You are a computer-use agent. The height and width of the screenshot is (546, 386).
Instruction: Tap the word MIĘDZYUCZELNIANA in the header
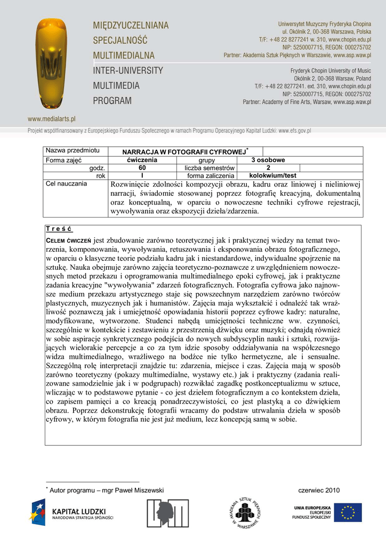(x=131, y=26)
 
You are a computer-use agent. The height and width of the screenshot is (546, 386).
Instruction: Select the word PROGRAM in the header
(x=112, y=100)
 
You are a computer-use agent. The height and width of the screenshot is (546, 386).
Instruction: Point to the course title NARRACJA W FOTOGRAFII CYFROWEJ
(x=183, y=152)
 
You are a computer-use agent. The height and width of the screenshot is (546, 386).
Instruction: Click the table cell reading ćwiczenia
(x=141, y=160)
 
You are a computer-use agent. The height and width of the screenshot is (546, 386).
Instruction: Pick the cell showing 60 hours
(x=141, y=168)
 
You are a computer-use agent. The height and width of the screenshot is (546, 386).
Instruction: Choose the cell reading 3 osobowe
(x=268, y=160)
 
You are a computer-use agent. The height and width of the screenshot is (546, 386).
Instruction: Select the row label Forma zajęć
(x=63, y=160)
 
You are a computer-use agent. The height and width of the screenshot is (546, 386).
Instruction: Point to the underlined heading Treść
(x=59, y=229)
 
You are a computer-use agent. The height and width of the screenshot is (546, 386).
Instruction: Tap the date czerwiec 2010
(x=319, y=490)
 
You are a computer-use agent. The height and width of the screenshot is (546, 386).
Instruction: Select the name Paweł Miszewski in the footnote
(x=141, y=490)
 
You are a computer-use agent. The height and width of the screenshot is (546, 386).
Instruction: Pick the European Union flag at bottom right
(x=348, y=512)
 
